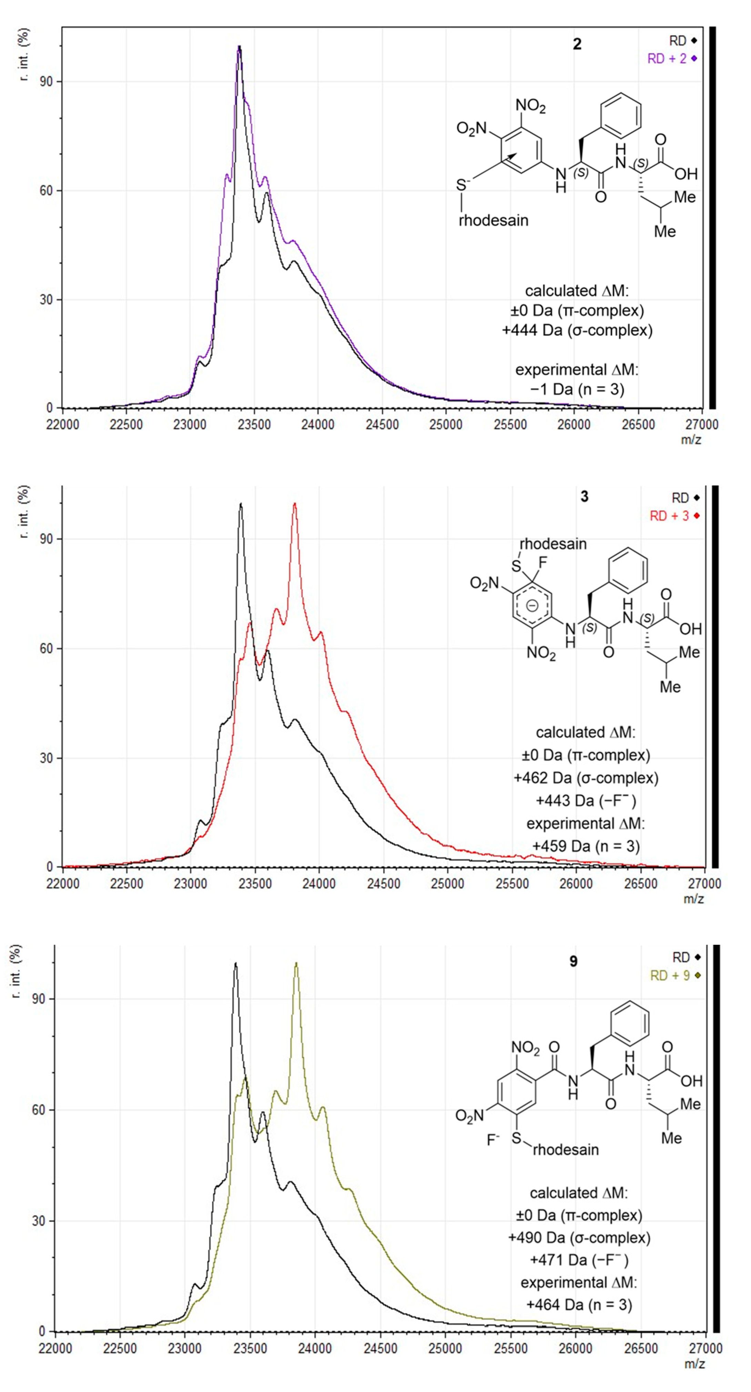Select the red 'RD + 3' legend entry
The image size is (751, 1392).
pyautogui.click(x=673, y=516)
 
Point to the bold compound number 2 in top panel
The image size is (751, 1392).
pyautogui.click(x=577, y=44)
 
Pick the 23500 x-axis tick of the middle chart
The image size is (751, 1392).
pyautogui.click(x=255, y=883)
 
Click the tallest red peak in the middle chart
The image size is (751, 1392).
pyautogui.click(x=294, y=504)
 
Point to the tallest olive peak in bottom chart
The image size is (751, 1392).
pyautogui.click(x=296, y=963)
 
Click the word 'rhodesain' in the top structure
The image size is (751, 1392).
pyautogui.click(x=493, y=220)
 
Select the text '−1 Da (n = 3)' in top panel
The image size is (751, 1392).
pyautogui.click(x=577, y=389)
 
